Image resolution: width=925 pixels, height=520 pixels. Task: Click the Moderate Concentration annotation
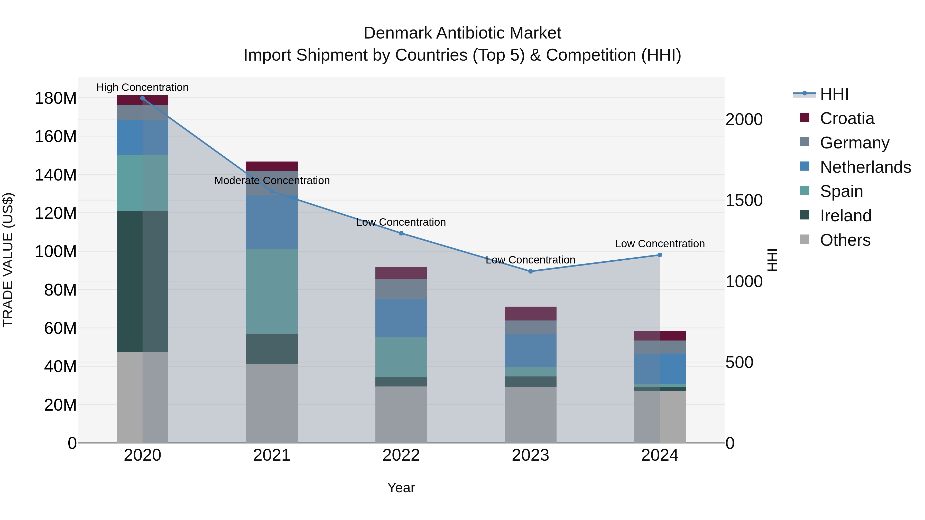point(272,181)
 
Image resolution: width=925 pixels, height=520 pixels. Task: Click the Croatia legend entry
point(847,118)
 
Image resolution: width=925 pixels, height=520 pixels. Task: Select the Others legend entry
point(845,240)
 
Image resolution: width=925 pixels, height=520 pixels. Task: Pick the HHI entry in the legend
point(834,94)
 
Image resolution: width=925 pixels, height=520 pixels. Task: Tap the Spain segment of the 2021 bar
point(272,291)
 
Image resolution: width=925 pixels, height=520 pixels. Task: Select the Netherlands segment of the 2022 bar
point(401,318)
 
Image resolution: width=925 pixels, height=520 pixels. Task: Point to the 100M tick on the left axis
point(56,252)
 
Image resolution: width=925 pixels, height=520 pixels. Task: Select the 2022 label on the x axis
point(401,455)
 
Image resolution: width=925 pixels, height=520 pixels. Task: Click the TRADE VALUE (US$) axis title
point(8,260)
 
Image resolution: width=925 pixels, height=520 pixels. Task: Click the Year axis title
point(401,488)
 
